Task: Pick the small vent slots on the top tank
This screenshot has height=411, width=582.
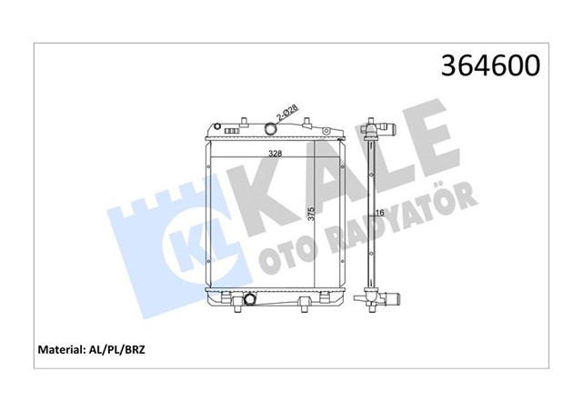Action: tap(232, 131)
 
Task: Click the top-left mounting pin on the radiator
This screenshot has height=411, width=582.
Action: tap(217, 124)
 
